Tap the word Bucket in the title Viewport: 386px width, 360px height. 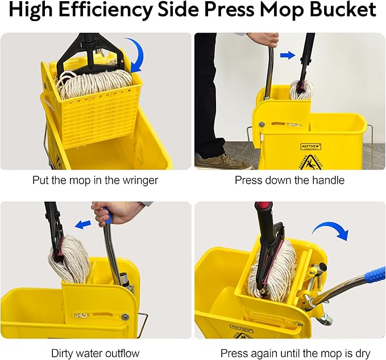pos(343,11)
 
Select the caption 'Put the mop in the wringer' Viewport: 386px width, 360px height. pos(96,181)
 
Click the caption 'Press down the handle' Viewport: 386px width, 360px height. pos(290,181)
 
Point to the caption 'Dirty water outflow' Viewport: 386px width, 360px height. pos(96,353)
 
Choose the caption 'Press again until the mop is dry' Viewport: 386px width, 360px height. pos(290,353)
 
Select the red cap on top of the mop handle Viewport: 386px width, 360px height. pos(263,206)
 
